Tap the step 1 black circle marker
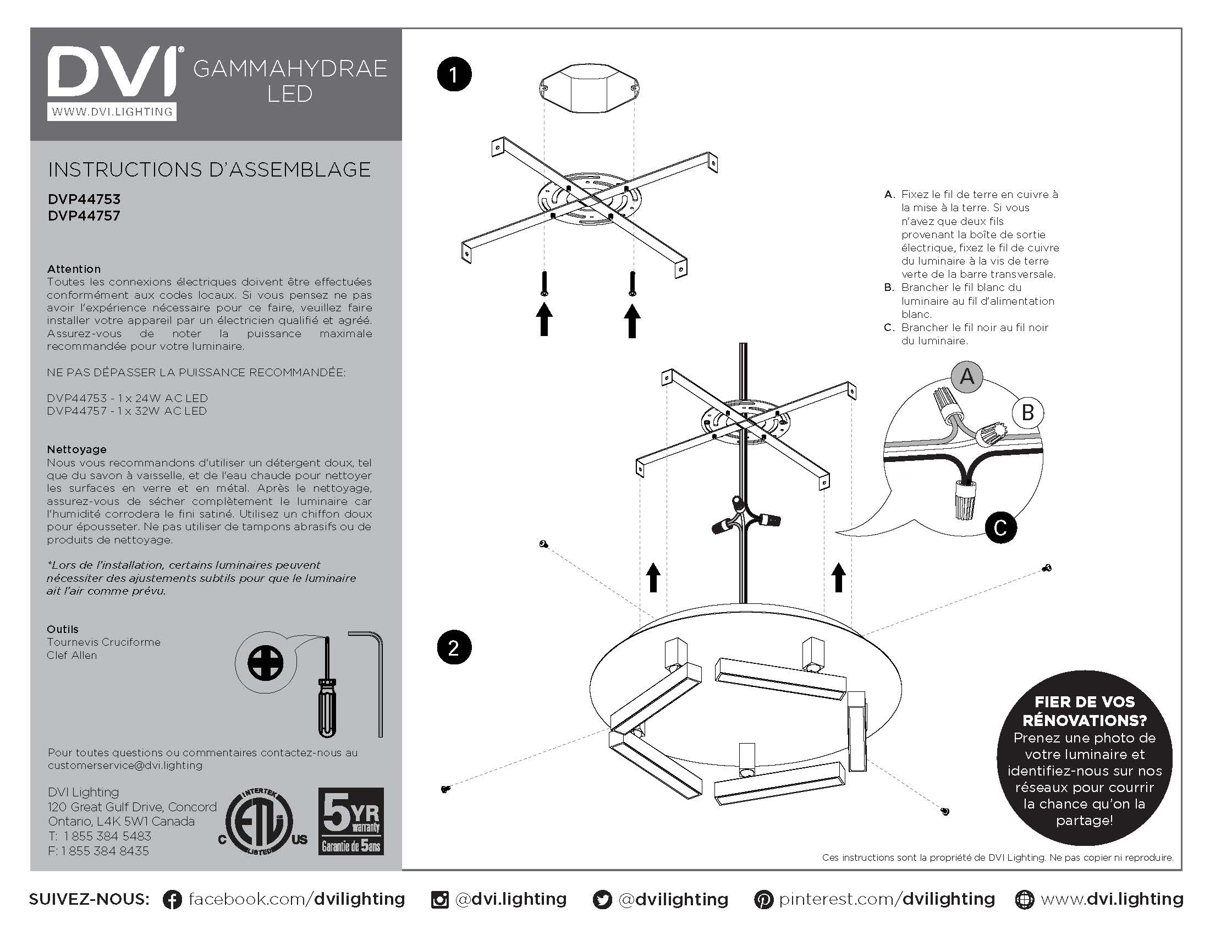tap(454, 74)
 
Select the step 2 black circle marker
tap(454, 647)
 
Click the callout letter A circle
tap(967, 377)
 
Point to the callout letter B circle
tap(1027, 412)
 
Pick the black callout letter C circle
tap(1000, 527)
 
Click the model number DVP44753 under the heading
tap(84, 199)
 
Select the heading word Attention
tap(74, 268)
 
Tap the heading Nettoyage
tap(76, 449)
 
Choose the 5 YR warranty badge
tap(351, 821)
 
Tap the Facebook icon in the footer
tap(172, 900)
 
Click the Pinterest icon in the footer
tap(763, 900)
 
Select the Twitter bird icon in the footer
tap(602, 900)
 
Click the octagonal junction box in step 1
tap(590, 89)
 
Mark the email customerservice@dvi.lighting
tap(125, 765)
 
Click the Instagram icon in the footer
tap(439, 900)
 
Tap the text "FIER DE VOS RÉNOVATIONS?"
tap(1084, 711)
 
